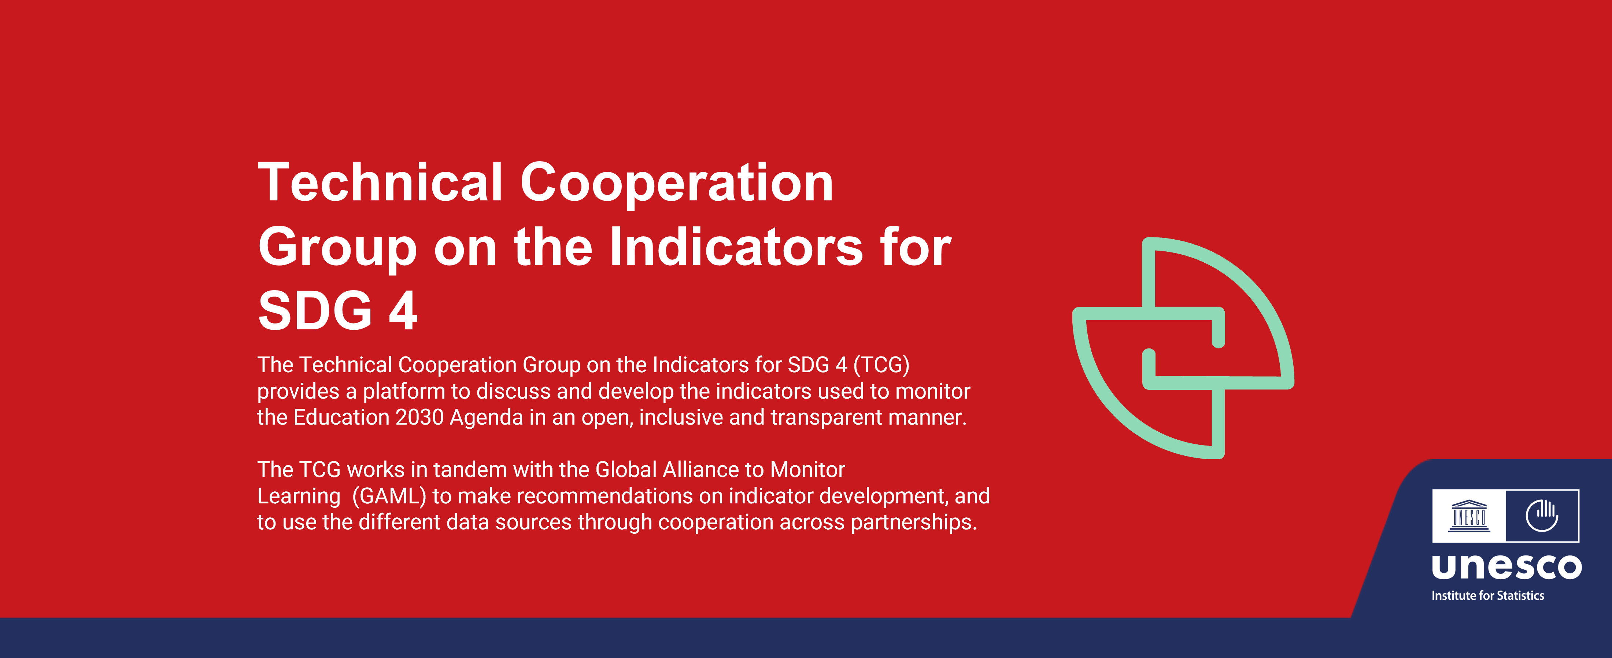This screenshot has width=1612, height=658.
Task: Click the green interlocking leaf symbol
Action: tap(1183, 348)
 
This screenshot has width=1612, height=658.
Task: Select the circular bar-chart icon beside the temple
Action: tap(1542, 515)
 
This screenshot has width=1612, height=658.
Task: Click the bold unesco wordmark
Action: tap(1506, 567)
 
